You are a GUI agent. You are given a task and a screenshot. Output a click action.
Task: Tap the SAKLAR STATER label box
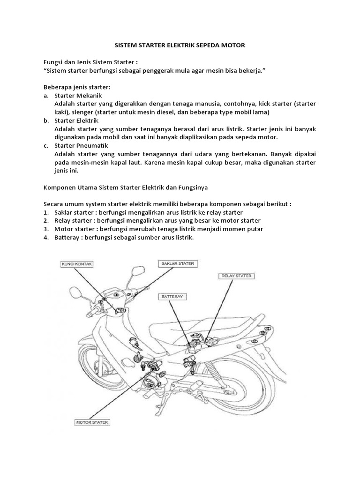click(x=178, y=263)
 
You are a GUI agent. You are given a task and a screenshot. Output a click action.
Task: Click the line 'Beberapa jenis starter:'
click(x=76, y=87)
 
